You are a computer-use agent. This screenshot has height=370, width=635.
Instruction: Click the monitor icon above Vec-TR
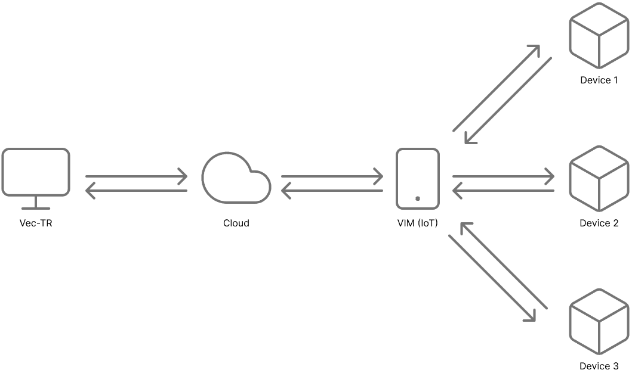[x=36, y=172]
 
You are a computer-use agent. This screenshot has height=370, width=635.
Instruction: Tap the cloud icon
[x=236, y=179]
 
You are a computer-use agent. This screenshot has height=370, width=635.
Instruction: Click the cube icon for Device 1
[x=599, y=35]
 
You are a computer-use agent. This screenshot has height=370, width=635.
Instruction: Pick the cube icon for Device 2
[x=599, y=178]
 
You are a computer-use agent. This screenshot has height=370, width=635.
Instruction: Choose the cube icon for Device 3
[x=599, y=321]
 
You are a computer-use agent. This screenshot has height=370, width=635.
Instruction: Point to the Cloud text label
[x=236, y=223]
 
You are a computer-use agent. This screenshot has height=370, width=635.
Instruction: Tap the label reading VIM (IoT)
[x=418, y=223]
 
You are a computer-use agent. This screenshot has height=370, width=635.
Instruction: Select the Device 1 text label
[x=599, y=80]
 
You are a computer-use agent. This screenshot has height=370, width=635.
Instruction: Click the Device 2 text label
[x=599, y=223]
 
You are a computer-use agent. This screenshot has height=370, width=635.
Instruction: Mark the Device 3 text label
[x=599, y=365]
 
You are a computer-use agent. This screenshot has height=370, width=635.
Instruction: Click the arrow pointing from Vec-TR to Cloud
[x=136, y=176]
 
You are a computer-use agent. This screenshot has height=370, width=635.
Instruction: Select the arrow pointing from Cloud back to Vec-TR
[x=136, y=191]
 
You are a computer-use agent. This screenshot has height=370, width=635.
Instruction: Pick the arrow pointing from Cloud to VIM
[x=332, y=176]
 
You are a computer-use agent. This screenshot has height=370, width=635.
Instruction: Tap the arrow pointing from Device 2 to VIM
[x=504, y=191]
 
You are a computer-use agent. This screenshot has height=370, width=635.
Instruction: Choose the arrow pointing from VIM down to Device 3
[x=492, y=279]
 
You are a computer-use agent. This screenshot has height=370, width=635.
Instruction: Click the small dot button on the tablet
[x=418, y=198]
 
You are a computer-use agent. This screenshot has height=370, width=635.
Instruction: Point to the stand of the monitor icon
[x=36, y=204]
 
